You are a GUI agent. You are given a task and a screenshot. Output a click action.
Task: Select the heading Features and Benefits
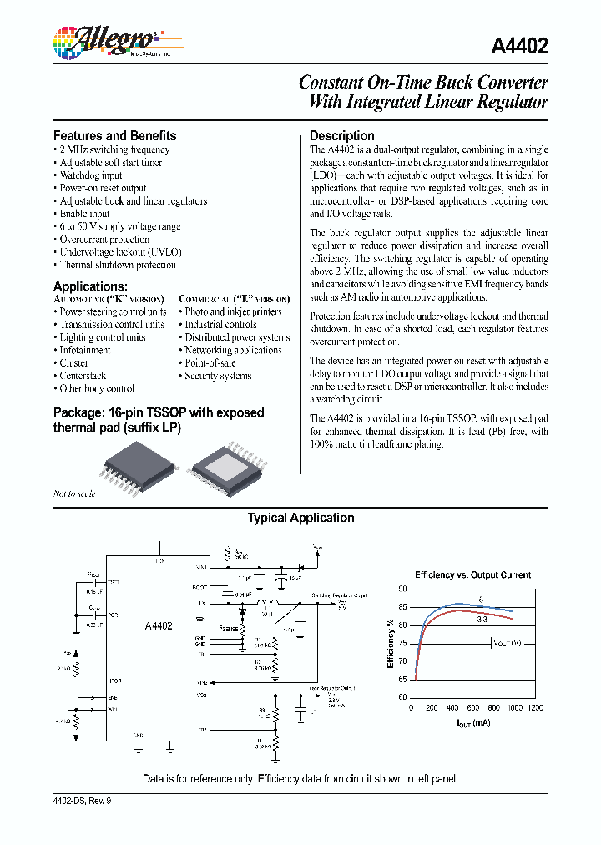115,135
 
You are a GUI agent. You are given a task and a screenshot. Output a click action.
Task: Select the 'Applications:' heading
90,286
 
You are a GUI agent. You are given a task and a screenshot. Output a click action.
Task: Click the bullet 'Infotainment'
85,350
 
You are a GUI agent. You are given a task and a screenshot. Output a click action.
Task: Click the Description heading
342,135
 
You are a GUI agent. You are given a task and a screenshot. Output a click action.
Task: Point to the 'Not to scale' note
75,493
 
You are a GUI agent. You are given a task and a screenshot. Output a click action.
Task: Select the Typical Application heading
300,518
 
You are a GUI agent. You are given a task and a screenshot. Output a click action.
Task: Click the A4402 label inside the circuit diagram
159,625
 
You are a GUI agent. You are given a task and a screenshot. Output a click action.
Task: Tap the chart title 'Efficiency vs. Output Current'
473,574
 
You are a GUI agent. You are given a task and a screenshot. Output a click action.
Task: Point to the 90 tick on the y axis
402,589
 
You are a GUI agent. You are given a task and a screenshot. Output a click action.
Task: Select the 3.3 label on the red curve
482,620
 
